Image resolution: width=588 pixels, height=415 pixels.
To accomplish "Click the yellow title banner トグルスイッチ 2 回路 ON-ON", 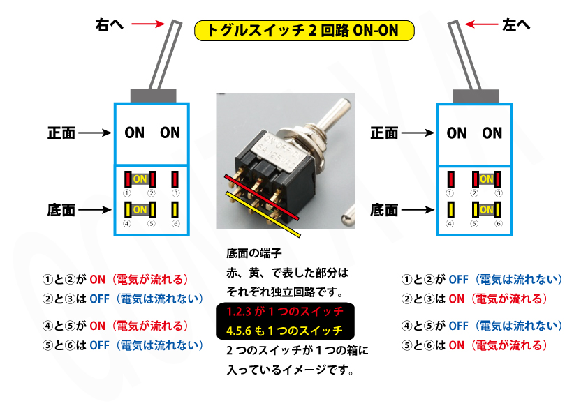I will click(304, 30).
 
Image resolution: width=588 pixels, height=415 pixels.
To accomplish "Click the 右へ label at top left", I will click(110, 24).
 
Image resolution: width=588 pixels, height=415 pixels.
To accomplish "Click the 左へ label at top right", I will click(516, 24).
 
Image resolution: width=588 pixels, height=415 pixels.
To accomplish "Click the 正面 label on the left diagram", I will click(61, 133).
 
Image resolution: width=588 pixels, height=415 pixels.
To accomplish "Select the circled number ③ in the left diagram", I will click(176, 193).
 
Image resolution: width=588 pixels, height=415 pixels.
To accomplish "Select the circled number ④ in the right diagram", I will click(450, 224).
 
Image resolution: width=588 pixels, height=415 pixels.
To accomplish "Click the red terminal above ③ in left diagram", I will click(175, 179).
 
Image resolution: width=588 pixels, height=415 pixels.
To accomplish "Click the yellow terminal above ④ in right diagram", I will click(452, 209).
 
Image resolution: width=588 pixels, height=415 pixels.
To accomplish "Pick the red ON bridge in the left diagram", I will click(139, 179).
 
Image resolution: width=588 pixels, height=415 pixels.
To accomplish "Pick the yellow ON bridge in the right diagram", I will click(486, 209).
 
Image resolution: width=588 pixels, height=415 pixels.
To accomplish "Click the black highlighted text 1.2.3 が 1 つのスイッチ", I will click(284, 310).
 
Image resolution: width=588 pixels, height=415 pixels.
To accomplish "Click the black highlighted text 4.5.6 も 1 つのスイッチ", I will click(284, 330).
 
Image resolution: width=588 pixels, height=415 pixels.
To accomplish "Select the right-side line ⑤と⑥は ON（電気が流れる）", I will click(473, 345).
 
